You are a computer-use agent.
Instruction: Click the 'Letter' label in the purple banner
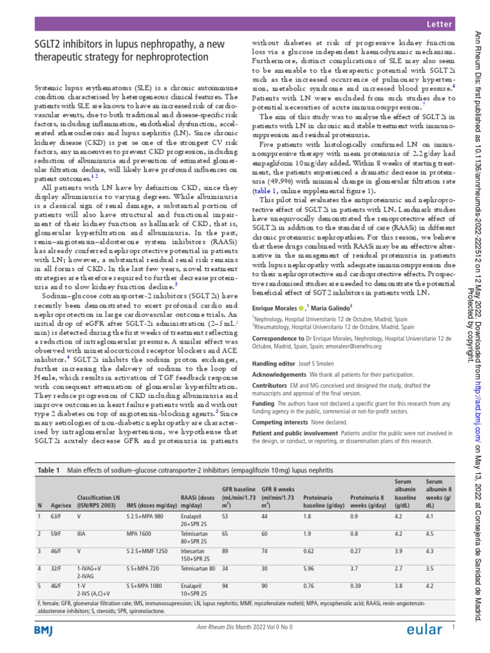pyautogui.click(x=440, y=24)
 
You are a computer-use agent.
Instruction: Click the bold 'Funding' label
pyautogui.click(x=264, y=404)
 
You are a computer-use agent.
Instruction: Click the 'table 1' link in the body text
pyautogui.click(x=264, y=191)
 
